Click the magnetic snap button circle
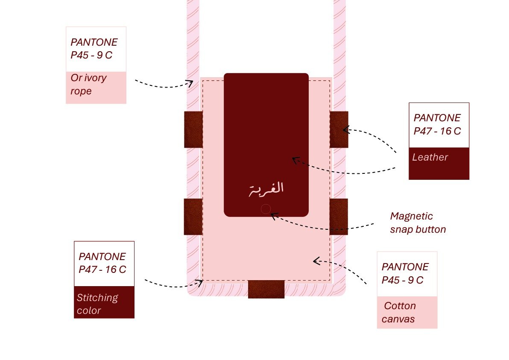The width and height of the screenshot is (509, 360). [266, 209]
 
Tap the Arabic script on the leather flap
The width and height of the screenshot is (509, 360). [266, 189]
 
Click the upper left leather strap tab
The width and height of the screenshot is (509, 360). [193, 129]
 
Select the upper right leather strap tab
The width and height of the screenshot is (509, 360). [339, 129]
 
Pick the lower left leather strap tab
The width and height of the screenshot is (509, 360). [193, 217]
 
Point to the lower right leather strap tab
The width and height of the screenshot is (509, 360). [339, 217]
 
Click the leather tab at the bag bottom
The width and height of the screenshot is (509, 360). [266, 289]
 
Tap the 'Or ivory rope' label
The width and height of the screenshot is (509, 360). [89, 85]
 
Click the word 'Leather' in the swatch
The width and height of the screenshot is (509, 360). [430, 157]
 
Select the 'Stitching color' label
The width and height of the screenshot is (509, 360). [97, 304]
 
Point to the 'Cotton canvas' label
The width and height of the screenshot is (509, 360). [399, 312]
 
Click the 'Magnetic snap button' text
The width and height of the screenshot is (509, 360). [418, 222]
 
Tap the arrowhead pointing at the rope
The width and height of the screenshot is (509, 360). [190, 83]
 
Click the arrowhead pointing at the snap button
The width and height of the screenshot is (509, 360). [274, 216]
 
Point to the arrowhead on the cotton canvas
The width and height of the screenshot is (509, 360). [316, 260]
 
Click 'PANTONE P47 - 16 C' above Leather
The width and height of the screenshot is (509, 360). [437, 124]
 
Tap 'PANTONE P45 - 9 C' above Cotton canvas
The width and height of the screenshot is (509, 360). [405, 273]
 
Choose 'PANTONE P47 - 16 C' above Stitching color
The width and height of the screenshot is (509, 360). [102, 263]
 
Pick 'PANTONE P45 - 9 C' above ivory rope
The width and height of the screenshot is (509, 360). [94, 49]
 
